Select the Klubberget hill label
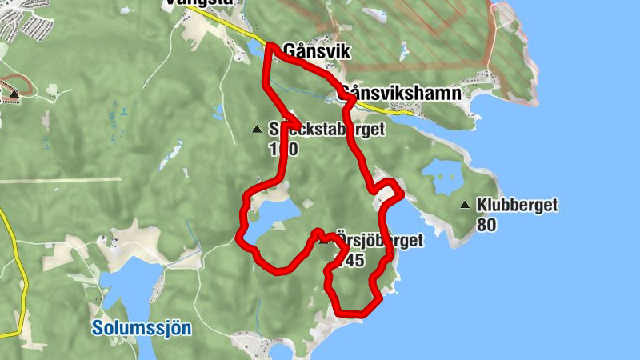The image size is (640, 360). pos(517,206)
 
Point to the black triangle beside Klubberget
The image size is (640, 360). pos(465,206)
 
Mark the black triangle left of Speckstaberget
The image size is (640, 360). pos(256,129)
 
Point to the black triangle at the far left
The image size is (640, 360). pos(14,94)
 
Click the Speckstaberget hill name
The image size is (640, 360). pos(328,129)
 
